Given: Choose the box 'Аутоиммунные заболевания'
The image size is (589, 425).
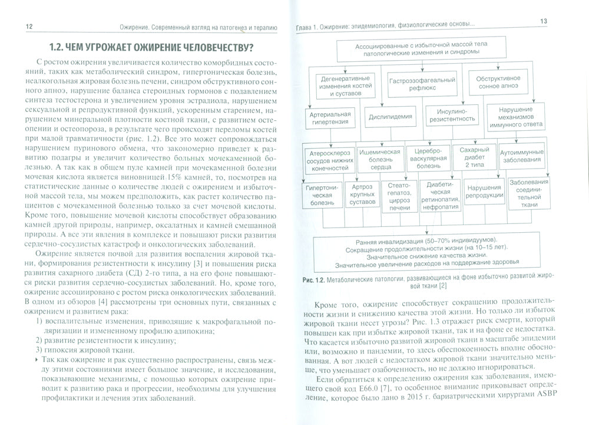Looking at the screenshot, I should coord(521,156).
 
